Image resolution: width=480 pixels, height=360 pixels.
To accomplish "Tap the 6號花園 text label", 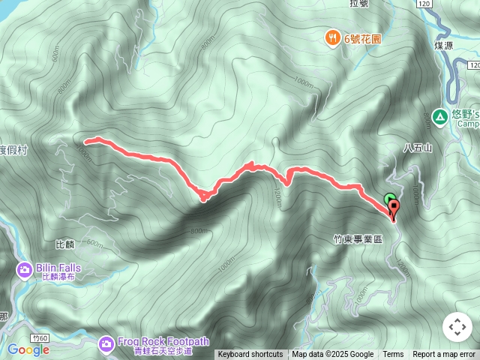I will pos(364,37).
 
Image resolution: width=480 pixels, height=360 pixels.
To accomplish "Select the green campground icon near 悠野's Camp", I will pos(439,115).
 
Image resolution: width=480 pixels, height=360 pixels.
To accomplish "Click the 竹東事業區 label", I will pos(358,239).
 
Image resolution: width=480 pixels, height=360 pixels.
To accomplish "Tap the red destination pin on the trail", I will pos(394,209).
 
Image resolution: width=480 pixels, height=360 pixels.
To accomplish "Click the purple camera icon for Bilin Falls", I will pos(24,268).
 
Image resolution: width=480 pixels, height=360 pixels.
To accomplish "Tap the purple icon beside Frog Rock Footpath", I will pos(106,343).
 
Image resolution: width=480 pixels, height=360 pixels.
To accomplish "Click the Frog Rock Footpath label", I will pos(155,340).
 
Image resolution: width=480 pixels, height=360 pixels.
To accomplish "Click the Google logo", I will pos(28,349).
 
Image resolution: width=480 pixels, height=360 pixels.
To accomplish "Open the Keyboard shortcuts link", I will pos(250,355).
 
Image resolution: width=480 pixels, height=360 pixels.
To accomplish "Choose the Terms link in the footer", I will pos(393,355).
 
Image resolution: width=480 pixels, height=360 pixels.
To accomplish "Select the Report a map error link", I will pos(444,355).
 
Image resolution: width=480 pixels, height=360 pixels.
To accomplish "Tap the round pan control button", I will pos(457,327).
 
